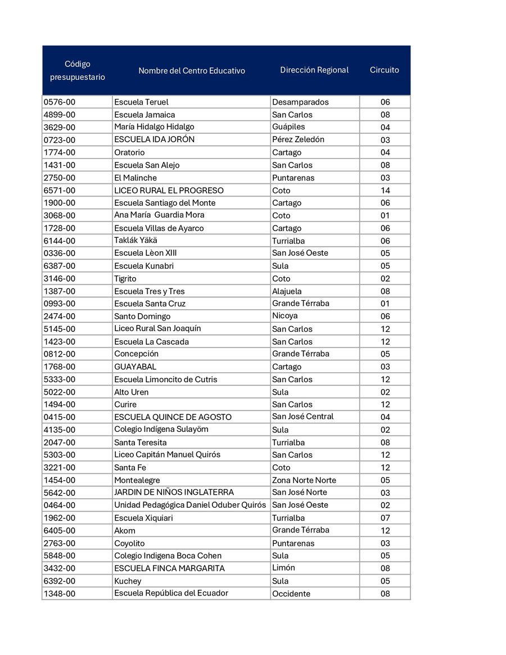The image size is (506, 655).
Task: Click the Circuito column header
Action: click(384, 70)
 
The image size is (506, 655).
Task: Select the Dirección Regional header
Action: click(314, 70)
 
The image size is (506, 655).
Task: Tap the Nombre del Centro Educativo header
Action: click(192, 71)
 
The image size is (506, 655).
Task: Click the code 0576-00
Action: click(59, 102)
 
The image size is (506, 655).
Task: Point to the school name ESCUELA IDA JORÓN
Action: click(154, 139)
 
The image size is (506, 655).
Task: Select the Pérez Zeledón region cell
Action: click(298, 139)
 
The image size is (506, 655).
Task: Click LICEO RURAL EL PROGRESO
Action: click(169, 191)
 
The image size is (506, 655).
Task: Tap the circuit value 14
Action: click(385, 191)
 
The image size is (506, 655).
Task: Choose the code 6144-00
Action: click(59, 241)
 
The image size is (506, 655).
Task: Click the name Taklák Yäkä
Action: click(135, 241)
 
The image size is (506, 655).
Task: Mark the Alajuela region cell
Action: click(287, 291)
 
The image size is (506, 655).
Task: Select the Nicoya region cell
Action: click(285, 316)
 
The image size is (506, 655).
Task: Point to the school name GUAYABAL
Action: click(135, 367)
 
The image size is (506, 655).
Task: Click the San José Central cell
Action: click(302, 417)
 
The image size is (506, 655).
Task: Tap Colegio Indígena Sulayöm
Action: click(161, 430)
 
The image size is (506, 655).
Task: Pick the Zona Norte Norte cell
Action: click(304, 480)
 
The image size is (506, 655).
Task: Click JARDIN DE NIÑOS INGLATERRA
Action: click(174, 493)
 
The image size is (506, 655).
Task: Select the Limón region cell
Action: click(283, 568)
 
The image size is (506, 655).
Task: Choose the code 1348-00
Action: click(59, 594)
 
